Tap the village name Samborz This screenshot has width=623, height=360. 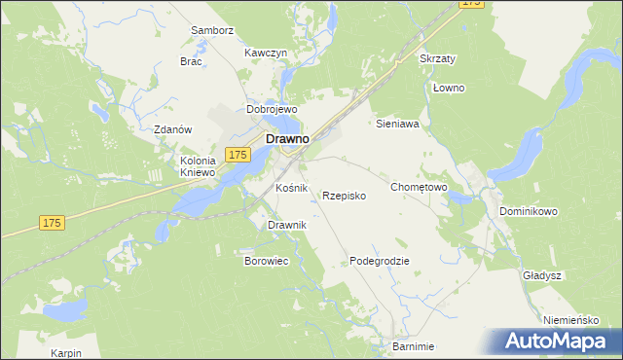213,30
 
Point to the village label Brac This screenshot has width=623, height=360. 191,60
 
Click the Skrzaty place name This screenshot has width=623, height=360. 437,58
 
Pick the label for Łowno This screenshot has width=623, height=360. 449,89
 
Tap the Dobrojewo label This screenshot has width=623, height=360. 271,110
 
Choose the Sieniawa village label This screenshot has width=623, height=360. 397,125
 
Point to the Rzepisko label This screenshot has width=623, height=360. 344,196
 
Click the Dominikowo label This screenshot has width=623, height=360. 528,210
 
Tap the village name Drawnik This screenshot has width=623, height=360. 287,226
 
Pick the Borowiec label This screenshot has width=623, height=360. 266,262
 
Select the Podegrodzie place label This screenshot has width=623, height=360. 380,262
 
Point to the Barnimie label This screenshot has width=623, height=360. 413,346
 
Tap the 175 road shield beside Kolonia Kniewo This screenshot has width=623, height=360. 238,155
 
